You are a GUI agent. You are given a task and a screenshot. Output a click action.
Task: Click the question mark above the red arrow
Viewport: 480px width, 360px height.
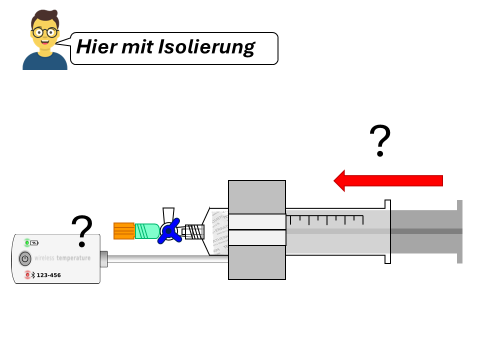tap(380, 141)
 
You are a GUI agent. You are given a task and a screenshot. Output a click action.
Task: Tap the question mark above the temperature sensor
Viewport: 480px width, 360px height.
tap(83, 231)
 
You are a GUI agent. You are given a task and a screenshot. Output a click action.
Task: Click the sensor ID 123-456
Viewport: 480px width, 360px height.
tap(48, 275)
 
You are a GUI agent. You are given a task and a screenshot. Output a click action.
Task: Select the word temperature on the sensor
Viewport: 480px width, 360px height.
tap(73, 258)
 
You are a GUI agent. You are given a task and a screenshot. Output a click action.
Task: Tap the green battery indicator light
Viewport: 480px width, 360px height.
tap(27, 243)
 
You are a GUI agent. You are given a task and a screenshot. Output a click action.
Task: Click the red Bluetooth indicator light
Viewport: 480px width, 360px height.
tap(27, 274)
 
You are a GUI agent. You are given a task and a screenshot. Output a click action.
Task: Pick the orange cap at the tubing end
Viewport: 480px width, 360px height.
tap(124, 230)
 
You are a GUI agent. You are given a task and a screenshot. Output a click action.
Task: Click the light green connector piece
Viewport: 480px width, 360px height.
tap(146, 231)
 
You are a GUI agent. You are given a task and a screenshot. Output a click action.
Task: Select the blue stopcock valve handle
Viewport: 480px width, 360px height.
tap(169, 231)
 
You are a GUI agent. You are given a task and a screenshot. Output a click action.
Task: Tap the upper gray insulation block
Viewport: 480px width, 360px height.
tap(257, 197)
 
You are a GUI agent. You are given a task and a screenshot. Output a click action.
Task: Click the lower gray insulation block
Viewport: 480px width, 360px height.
tap(257, 262)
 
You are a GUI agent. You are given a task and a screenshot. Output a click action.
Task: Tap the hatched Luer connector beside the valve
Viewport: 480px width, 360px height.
tap(195, 231)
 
